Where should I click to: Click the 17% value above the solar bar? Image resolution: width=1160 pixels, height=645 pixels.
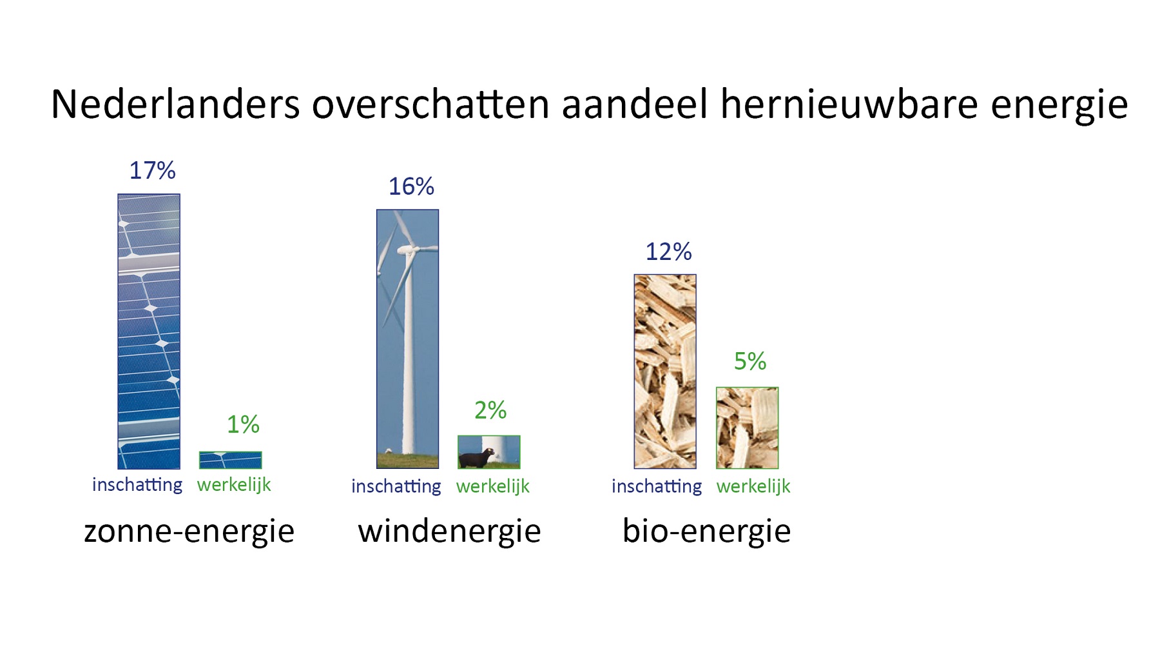[153, 171]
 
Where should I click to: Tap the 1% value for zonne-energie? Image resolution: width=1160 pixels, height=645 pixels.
[243, 424]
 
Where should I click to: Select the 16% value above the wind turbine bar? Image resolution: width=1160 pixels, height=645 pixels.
[411, 186]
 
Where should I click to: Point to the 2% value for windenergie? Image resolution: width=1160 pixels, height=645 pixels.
[490, 410]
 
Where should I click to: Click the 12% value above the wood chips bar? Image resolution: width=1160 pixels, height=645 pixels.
[669, 252]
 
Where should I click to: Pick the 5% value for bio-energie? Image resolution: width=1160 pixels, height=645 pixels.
[750, 361]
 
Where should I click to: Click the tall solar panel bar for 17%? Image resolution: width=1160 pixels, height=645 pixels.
[149, 332]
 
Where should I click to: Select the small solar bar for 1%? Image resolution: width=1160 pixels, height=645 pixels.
[231, 460]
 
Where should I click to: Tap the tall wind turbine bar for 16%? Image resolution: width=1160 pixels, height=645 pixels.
[408, 339]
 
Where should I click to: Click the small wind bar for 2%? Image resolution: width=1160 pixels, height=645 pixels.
[489, 451]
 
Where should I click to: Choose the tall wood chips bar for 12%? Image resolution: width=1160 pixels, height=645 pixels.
[665, 372]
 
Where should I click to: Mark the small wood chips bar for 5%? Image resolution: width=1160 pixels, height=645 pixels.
[748, 428]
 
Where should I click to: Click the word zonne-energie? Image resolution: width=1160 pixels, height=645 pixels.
[189, 531]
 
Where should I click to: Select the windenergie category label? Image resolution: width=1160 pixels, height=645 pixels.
[450, 531]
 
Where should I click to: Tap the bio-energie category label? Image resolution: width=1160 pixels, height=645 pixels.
[707, 531]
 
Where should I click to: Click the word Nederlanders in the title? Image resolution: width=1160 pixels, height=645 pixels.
[175, 104]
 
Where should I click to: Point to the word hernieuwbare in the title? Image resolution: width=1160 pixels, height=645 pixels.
[849, 104]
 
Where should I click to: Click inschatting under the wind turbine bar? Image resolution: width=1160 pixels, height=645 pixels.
[396, 486]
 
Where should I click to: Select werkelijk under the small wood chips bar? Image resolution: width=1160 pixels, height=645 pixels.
[753, 486]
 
